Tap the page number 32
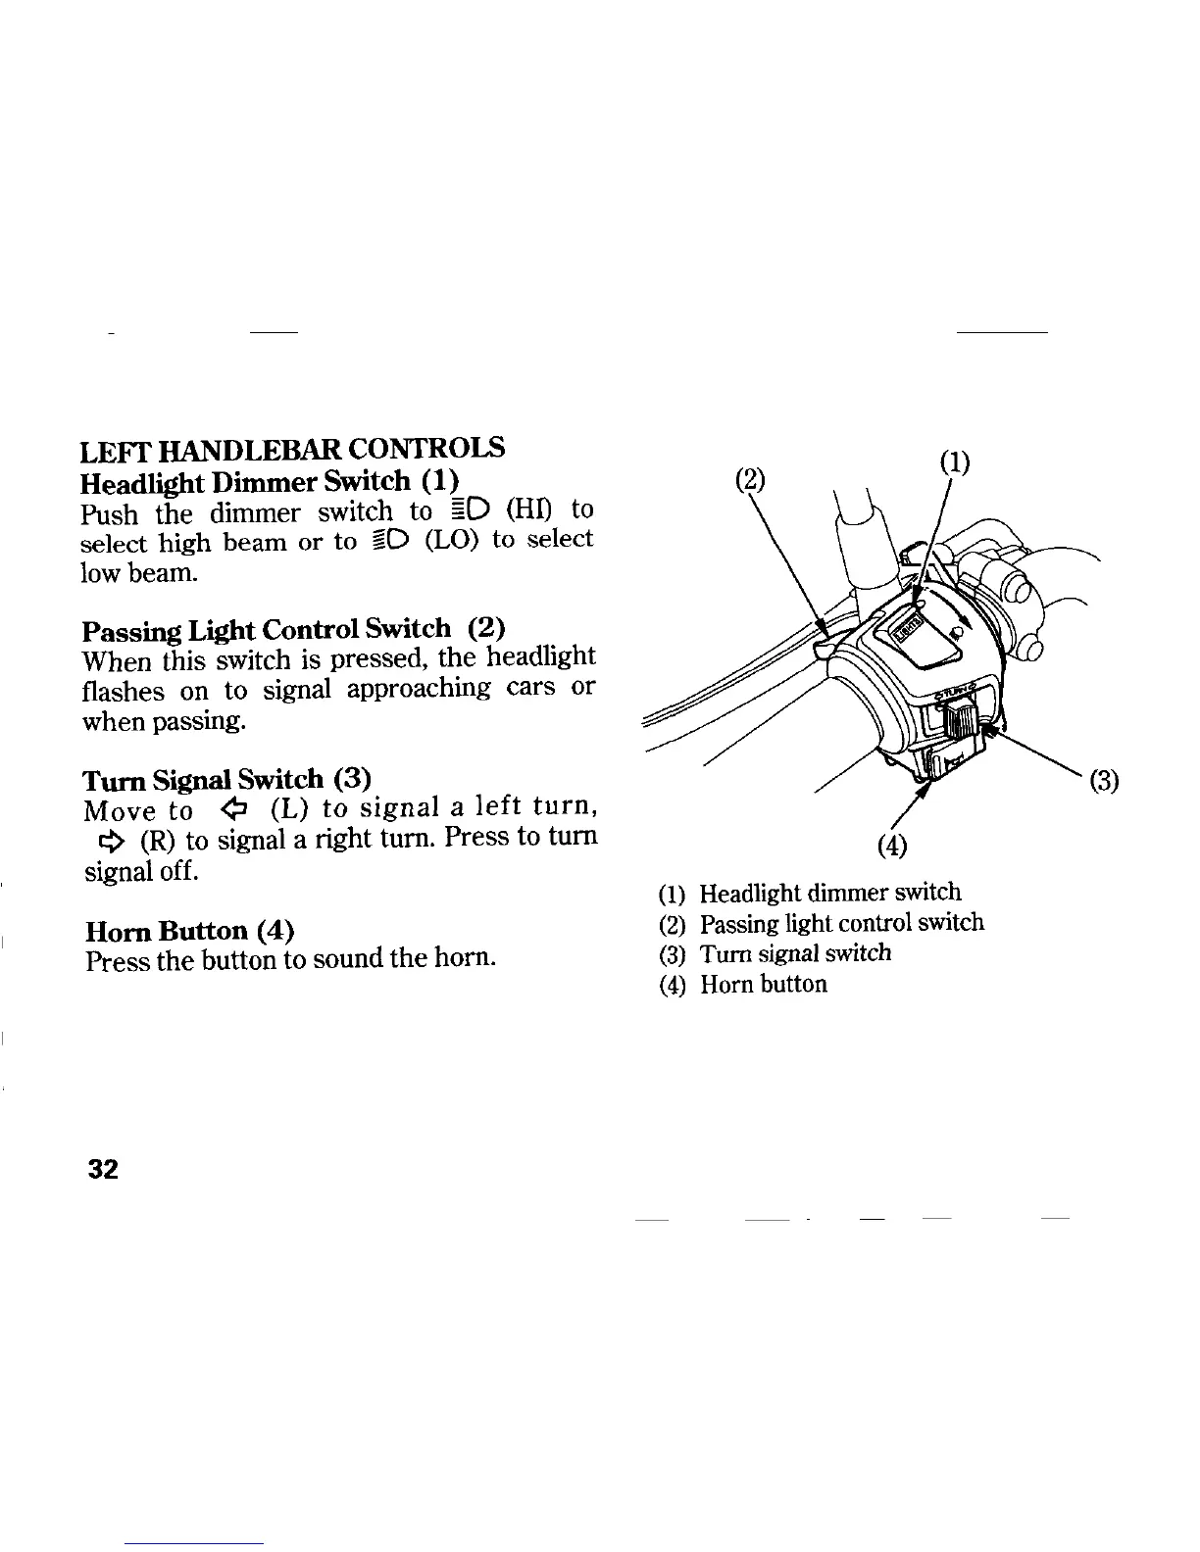102,1169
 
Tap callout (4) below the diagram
893,845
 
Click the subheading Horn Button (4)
190,929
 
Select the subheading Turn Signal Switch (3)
226,779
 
